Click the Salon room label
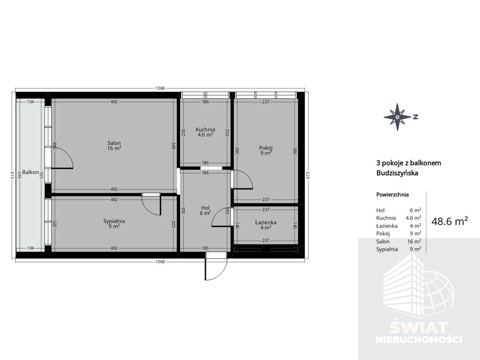(114, 143)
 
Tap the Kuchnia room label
(205, 129)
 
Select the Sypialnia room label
(114, 221)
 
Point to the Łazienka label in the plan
(266, 223)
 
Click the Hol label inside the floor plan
(205, 208)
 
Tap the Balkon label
(30, 172)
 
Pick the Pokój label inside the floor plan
(266, 148)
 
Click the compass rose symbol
(397, 117)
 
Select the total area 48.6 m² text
(450, 221)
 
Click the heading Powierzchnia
(392, 195)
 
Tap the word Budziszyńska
(397, 173)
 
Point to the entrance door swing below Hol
(216, 266)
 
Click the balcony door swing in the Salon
(62, 158)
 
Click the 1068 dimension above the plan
(160, 88)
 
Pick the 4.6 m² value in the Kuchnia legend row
(413, 218)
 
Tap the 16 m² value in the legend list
(414, 241)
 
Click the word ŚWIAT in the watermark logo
(419, 328)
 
